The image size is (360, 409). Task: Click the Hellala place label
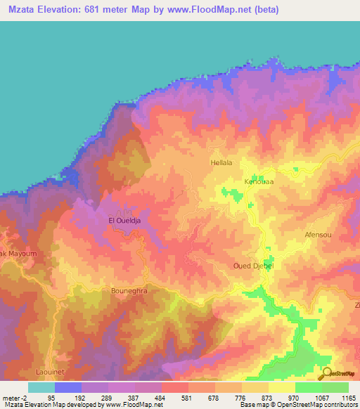click(221, 162)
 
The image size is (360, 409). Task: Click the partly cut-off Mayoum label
click(13, 253)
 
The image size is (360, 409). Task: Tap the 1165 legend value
click(347, 398)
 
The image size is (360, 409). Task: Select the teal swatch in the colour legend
click(41, 387)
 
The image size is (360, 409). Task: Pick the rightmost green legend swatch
click(335, 387)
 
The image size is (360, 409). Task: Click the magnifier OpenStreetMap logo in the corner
click(326, 374)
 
